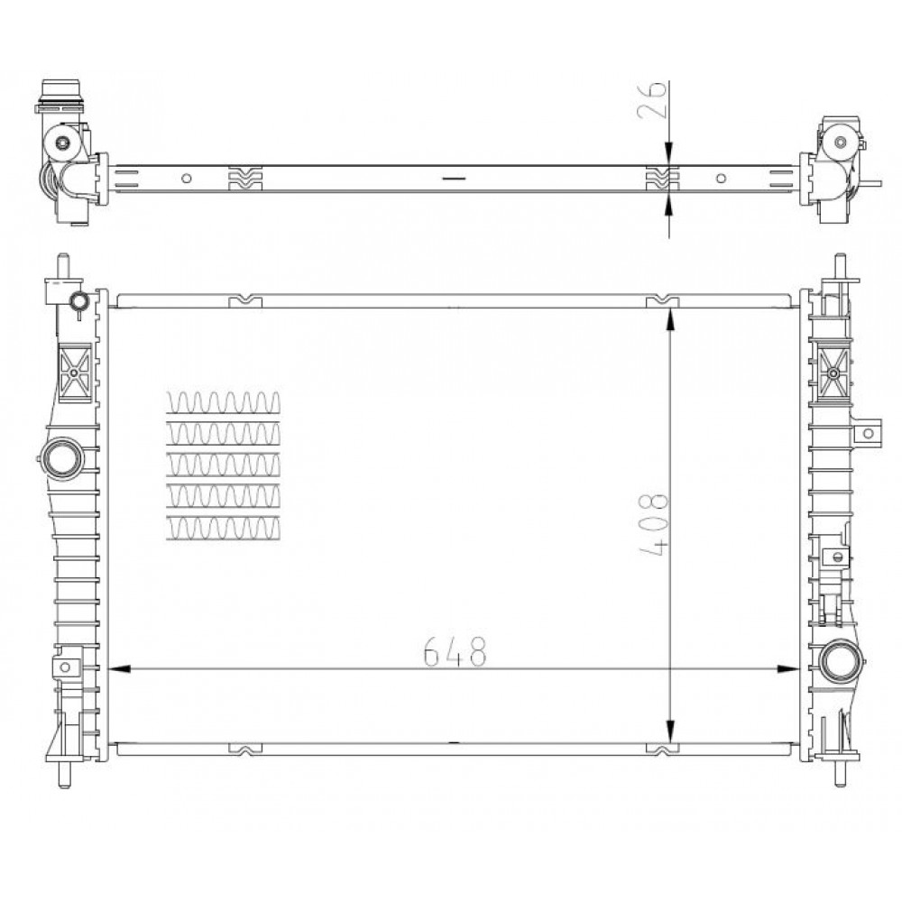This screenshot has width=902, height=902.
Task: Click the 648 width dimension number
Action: (x=455, y=651)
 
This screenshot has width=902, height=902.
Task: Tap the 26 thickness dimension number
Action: (x=652, y=99)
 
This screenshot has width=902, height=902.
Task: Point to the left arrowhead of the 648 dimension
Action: (x=118, y=669)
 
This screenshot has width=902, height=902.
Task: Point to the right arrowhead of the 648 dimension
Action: (x=788, y=669)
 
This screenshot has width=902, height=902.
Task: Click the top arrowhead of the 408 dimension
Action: (x=669, y=319)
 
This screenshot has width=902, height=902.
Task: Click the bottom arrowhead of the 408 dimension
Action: (x=669, y=732)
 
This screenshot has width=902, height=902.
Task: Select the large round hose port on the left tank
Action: (x=63, y=458)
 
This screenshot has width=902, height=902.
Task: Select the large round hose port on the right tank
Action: (x=840, y=661)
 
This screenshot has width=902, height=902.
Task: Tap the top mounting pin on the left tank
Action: (x=64, y=266)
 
